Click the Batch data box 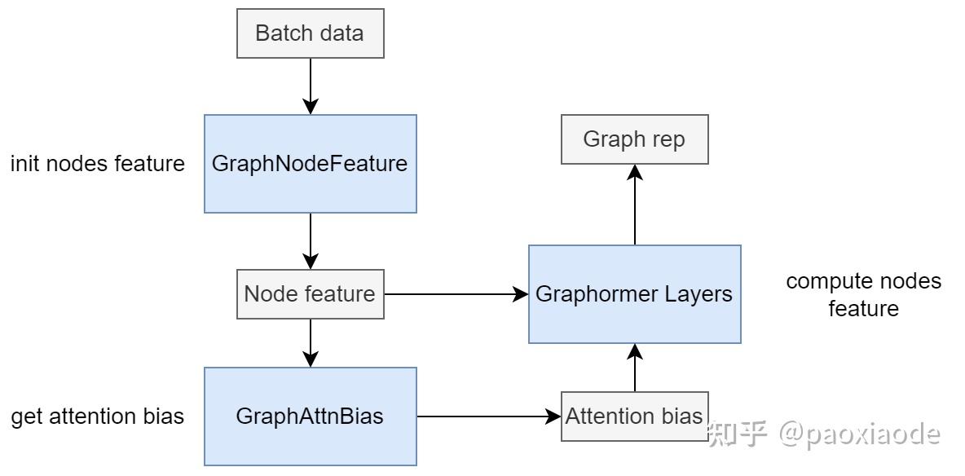[310, 33]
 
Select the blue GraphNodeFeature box [310, 163]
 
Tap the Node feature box [310, 293]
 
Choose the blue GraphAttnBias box [310, 416]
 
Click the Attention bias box [634, 416]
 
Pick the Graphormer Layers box [634, 293]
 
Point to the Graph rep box [634, 139]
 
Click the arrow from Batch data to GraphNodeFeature [310, 86]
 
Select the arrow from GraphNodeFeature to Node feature [310, 240]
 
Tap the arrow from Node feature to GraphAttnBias [310, 342]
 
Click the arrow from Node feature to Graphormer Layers [456, 293]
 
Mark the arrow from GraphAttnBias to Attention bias [489, 416]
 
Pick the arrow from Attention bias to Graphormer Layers [634, 367]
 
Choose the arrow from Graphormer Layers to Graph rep [634, 204]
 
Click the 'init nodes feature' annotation [97, 164]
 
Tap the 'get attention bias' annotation [97, 416]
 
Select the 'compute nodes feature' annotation [863, 295]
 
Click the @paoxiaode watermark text [859, 434]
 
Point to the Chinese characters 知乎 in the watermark [738, 434]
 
